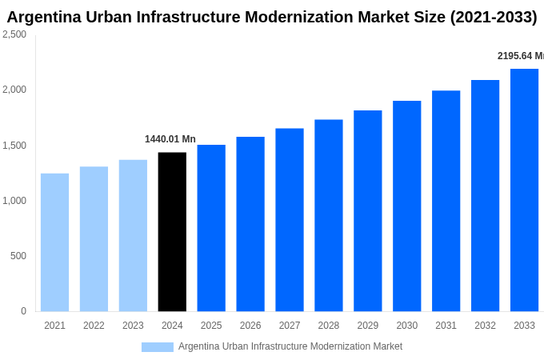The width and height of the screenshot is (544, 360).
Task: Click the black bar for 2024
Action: click(x=172, y=232)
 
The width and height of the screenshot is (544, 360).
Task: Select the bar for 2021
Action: click(x=54, y=242)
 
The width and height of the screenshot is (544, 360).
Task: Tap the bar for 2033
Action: click(x=524, y=190)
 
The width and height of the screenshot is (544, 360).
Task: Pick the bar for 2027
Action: click(x=290, y=220)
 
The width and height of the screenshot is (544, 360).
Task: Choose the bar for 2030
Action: click(x=406, y=206)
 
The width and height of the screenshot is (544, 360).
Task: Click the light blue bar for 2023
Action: click(x=133, y=236)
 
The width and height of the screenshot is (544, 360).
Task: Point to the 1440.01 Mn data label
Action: click(x=170, y=139)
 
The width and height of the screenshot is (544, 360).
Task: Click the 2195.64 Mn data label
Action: click(x=520, y=56)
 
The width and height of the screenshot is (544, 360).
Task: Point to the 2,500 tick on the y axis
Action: click(x=14, y=34)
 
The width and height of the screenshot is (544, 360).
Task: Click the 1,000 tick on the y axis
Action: click(x=14, y=201)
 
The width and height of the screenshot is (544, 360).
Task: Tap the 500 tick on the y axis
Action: click(x=18, y=256)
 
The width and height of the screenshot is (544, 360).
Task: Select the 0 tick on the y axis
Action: click(x=23, y=311)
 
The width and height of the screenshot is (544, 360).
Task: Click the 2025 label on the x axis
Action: click(x=211, y=326)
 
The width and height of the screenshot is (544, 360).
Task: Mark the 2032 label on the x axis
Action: click(x=485, y=326)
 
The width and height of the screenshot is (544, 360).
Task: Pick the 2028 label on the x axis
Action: click(x=328, y=326)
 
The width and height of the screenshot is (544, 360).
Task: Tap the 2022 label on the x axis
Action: click(x=94, y=326)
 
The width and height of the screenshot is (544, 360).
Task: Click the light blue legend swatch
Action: click(x=158, y=347)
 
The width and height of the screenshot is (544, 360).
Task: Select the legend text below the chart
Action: click(x=290, y=346)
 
